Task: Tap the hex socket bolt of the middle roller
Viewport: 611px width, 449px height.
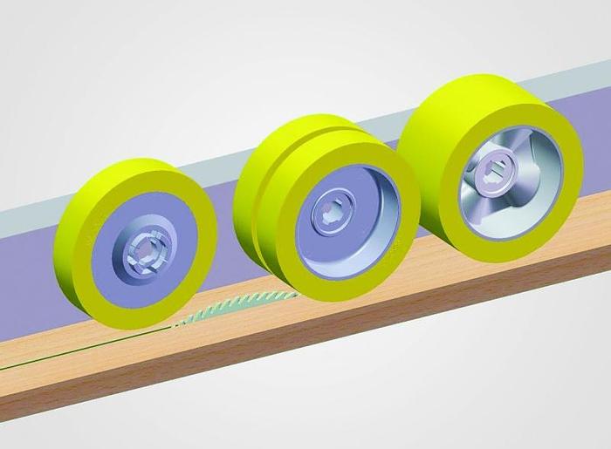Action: coord(334,215)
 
